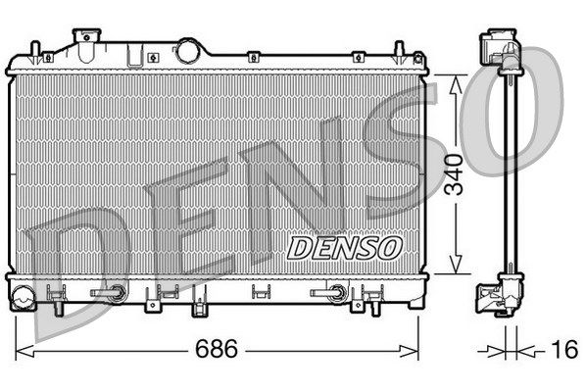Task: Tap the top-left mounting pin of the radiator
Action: tap(35, 49)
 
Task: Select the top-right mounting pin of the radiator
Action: tap(401, 49)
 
